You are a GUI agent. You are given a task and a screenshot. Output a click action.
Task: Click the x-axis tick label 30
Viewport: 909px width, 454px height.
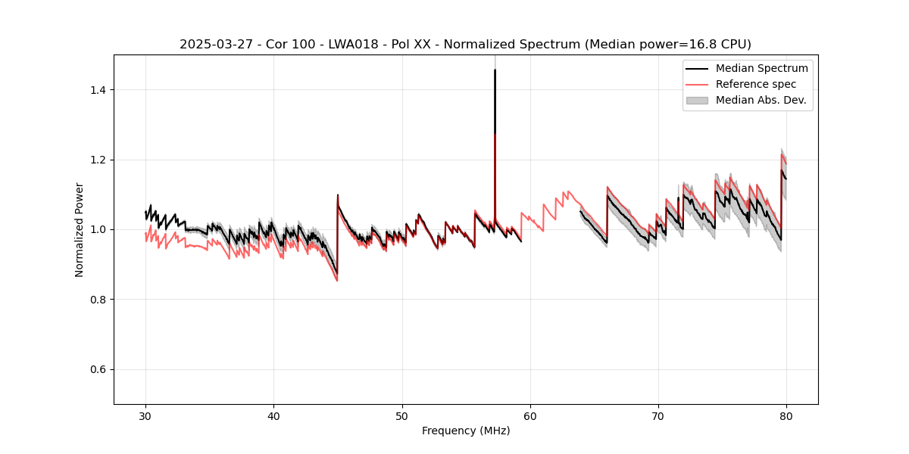(x=146, y=416)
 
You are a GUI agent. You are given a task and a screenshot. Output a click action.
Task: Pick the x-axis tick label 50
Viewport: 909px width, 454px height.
(x=402, y=416)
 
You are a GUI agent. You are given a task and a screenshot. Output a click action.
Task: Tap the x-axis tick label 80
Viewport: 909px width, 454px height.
(x=786, y=416)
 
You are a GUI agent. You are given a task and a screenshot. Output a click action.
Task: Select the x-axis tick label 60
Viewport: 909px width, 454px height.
(x=530, y=416)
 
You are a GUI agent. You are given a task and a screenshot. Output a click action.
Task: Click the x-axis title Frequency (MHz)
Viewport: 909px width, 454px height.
(x=466, y=431)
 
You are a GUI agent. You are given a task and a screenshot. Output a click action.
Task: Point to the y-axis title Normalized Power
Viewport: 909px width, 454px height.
(x=80, y=229)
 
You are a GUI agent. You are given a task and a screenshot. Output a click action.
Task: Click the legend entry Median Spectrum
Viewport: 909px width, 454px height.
(x=761, y=68)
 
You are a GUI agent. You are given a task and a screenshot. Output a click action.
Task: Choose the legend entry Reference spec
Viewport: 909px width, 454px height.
(x=756, y=84)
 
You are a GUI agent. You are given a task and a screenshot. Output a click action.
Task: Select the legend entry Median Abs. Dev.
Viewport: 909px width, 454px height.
(x=761, y=100)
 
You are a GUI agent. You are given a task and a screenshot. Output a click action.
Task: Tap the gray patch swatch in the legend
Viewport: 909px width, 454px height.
(x=697, y=100)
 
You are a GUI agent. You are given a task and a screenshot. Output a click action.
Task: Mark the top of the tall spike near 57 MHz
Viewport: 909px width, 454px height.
(x=495, y=70)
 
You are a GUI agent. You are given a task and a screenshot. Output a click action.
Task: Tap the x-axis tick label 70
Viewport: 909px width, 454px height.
(x=658, y=416)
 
